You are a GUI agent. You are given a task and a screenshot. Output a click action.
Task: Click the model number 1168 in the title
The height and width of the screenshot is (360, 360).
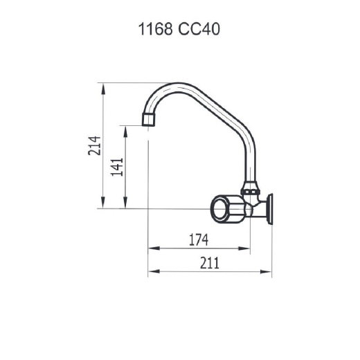coord(155,29)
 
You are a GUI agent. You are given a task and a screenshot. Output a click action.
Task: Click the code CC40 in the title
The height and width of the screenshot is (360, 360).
coord(199,29)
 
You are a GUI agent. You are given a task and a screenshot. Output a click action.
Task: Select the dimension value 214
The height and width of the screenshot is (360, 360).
coord(95,145)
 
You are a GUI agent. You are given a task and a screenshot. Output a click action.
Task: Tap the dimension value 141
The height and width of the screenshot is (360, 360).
coord(117,167)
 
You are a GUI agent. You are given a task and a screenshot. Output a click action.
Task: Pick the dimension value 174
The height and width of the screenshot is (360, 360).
coord(199,240)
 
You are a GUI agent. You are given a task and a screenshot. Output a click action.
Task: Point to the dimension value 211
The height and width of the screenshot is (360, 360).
coord(210,263)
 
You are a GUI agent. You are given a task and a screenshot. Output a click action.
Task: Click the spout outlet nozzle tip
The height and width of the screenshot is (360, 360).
coord(148,119)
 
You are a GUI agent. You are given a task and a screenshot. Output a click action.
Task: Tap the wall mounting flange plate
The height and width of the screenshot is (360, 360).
coord(269,209)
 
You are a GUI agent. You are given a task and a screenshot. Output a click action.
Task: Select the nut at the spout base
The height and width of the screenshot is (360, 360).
coord(251,192)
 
